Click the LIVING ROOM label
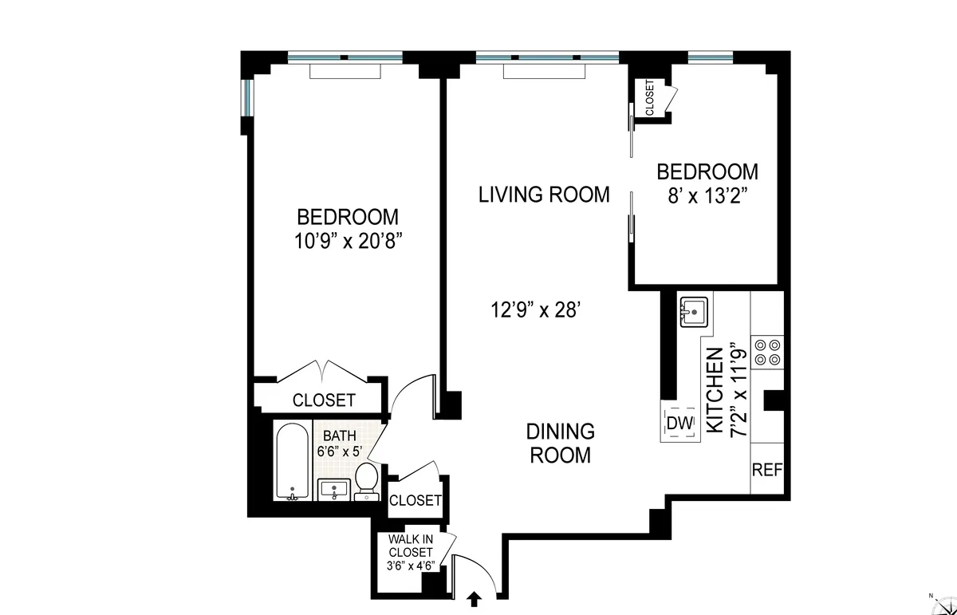pos(544,195)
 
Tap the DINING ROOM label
pos(560,444)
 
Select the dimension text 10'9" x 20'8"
pos(347,241)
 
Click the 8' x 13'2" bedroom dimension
pos(706,195)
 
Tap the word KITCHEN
pos(715,390)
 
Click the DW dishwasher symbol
pos(679,424)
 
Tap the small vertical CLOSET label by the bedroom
pos(649,98)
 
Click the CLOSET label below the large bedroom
pos(323,400)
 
